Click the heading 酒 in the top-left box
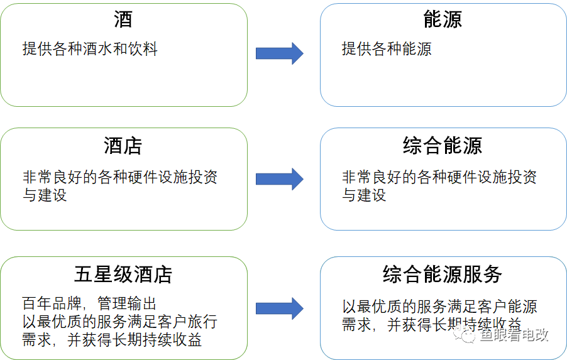tap(123, 19)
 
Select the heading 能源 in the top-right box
tap(443, 19)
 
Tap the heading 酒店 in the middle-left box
tap(123, 146)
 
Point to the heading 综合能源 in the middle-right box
tap(443, 146)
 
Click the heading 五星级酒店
tap(123, 275)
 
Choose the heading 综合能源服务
tap(443, 275)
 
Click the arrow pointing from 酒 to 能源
tap(280, 53)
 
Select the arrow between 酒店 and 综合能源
tap(280, 179)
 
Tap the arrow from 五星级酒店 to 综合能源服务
tap(280, 308)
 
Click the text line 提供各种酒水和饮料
tap(90, 49)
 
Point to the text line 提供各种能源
tap(387, 49)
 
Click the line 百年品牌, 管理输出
tap(89, 303)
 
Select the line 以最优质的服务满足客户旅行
tap(119, 321)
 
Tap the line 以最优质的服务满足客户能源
tap(439, 307)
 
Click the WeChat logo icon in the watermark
tap(465, 335)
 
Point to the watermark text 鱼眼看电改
tap(514, 335)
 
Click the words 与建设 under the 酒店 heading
tap(45, 195)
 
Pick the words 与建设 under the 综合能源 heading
tap(364, 195)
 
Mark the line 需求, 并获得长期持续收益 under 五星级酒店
tap(112, 340)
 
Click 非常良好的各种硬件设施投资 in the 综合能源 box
tap(439, 177)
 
